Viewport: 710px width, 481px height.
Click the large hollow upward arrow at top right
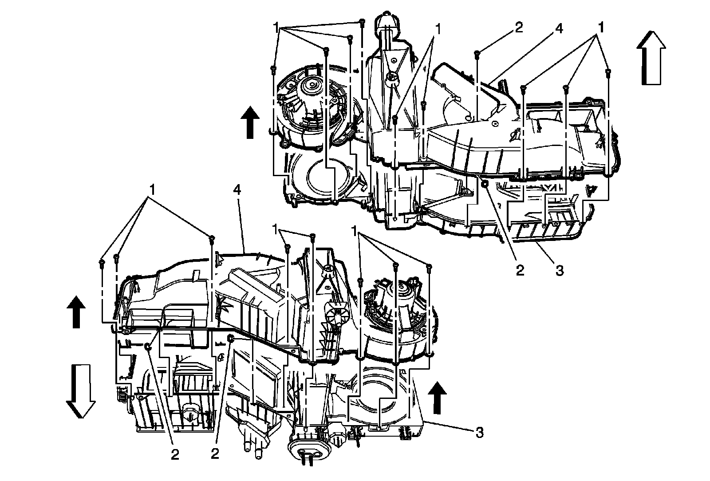pos(651,58)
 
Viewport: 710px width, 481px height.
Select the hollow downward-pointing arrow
pos(80,391)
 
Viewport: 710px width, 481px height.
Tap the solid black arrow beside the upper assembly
pos(250,122)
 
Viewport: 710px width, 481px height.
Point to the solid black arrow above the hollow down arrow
pos(76,312)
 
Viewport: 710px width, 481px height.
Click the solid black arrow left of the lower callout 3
pos(437,398)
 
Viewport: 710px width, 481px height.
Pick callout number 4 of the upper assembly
pos(559,28)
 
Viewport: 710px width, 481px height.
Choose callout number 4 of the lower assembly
pos(237,190)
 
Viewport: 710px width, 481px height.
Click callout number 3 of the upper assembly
pos(560,271)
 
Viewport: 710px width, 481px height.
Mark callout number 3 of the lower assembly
pos(480,433)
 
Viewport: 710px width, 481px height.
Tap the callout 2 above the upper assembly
pos(519,28)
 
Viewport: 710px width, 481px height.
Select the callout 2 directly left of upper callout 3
pos(520,270)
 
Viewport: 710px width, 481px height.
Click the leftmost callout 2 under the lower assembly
pos(175,455)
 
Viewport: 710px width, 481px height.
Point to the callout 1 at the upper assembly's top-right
pos(600,28)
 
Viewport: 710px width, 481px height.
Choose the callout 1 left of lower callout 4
pos(152,190)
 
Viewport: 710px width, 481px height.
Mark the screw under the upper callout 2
pos(477,54)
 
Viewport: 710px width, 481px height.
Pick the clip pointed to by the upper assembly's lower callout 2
pos(484,183)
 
